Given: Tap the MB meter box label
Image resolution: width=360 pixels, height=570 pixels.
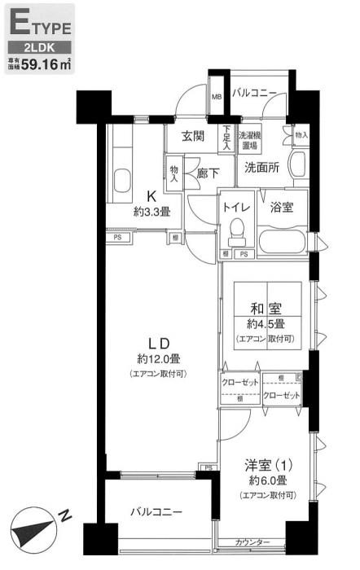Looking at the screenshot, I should point(217,98).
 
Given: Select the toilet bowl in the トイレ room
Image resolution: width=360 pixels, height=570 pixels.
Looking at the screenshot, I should point(237,234).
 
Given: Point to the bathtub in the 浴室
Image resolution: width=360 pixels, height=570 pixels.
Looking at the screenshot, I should point(282,242).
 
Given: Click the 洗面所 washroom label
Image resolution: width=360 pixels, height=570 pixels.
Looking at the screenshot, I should point(263,167).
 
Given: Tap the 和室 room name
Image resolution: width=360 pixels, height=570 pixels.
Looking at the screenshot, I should point(266,309).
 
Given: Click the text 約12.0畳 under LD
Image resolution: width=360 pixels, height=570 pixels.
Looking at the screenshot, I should point(158,358).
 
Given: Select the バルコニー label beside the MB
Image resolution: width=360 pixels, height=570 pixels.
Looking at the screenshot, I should point(254,94).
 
